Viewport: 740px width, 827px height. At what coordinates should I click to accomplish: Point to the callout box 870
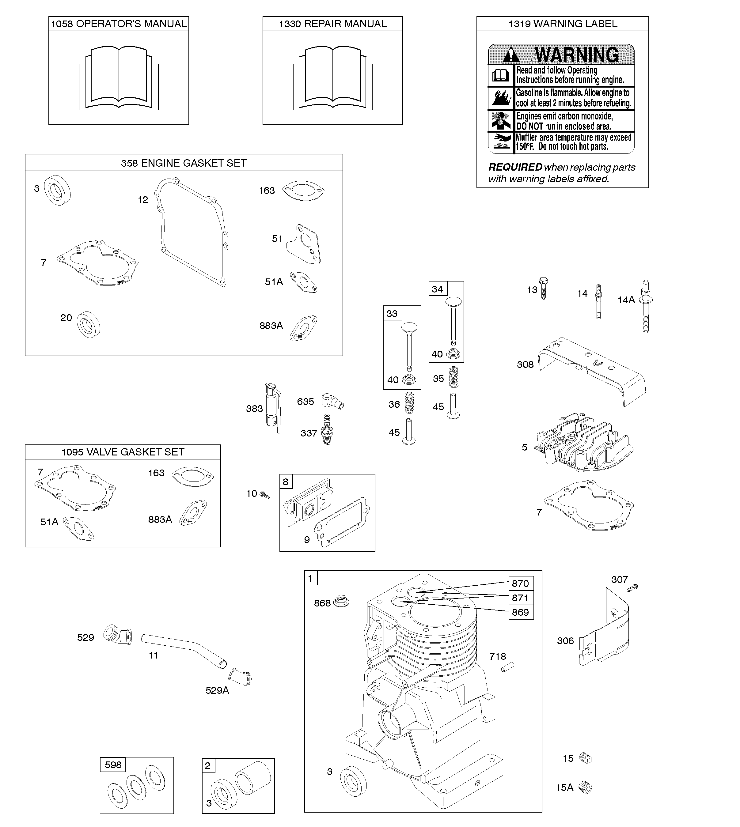click(x=520, y=583)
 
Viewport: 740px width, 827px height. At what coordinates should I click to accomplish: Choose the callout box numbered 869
click(x=520, y=612)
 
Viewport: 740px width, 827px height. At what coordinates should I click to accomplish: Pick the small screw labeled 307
click(x=632, y=587)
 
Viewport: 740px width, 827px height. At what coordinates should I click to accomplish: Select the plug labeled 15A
click(x=586, y=787)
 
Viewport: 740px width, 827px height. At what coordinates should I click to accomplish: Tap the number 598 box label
click(x=113, y=765)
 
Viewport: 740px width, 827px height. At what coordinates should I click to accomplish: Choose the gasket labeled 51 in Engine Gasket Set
click(x=303, y=244)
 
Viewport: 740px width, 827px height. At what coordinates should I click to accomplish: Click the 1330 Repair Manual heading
click(x=332, y=24)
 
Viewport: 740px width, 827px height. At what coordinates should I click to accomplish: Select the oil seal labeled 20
click(x=88, y=325)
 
